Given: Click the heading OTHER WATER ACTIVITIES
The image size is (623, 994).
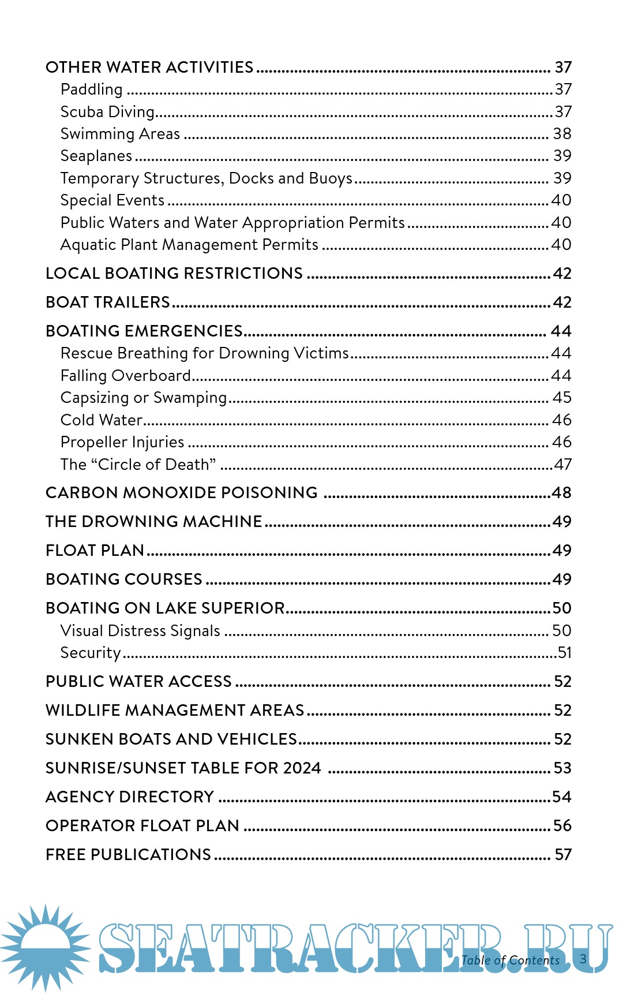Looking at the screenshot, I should (x=149, y=68).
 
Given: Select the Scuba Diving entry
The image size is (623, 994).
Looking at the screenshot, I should (x=107, y=112).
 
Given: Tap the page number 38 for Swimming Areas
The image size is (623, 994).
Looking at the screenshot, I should (x=562, y=134).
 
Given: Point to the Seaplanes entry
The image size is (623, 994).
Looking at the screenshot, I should (x=96, y=156).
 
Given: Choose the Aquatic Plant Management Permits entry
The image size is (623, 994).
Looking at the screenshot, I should (x=189, y=245).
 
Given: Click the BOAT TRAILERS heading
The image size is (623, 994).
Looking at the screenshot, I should (x=108, y=302).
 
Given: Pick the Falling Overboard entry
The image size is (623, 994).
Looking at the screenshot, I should (x=125, y=376).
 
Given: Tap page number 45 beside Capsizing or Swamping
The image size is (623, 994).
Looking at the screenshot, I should (x=562, y=398).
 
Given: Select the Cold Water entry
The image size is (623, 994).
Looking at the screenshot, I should (x=102, y=420).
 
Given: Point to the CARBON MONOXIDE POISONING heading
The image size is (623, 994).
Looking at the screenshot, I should (x=182, y=493).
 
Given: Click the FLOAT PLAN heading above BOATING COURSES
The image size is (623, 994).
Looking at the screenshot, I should (x=95, y=551).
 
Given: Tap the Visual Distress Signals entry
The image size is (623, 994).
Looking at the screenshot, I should (x=140, y=631).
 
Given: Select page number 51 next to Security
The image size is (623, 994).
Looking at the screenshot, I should (x=564, y=653).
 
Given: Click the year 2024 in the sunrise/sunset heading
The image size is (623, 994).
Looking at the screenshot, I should (x=302, y=768).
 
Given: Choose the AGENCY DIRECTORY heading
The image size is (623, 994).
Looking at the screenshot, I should (x=130, y=797).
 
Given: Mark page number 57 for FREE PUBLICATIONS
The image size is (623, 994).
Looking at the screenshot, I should (x=562, y=855).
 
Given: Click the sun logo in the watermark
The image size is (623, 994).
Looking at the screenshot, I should (x=45, y=947).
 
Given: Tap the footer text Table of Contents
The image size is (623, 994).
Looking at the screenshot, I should (x=511, y=961).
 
